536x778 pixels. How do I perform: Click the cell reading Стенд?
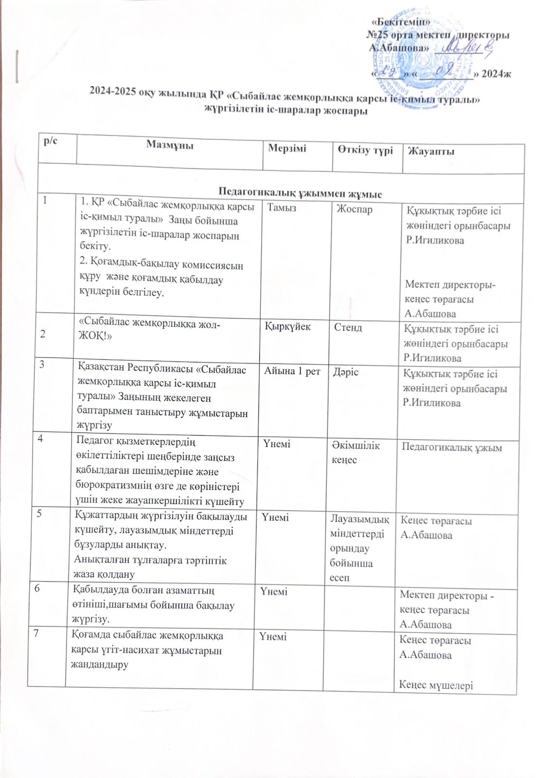tap(348, 327)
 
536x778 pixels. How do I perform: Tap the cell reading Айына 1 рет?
tap(292, 372)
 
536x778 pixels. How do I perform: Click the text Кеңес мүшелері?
tap(436, 685)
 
